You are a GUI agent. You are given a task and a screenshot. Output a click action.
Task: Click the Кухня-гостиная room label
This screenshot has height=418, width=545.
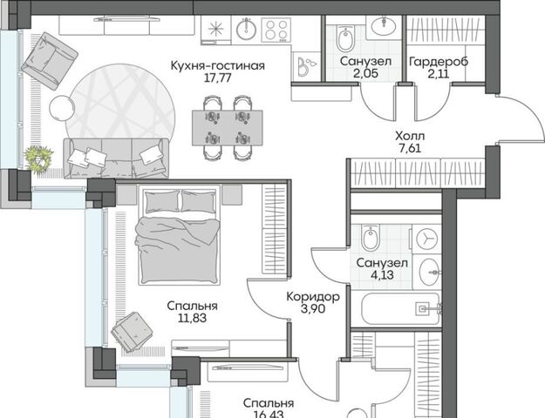[x=218, y=65]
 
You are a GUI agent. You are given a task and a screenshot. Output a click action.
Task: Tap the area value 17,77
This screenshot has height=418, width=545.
[x=218, y=78]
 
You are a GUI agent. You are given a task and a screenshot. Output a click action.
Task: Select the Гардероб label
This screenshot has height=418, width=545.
[x=439, y=62]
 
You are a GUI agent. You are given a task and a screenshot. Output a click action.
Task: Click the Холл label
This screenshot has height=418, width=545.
[x=410, y=136]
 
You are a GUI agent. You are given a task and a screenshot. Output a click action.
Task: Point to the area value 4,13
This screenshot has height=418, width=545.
[x=382, y=275]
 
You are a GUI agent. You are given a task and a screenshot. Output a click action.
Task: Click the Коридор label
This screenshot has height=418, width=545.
[x=313, y=297]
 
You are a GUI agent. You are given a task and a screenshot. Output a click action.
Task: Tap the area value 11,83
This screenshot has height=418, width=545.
[x=192, y=318]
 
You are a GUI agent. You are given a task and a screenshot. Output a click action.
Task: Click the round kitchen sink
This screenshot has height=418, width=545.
[x=246, y=29]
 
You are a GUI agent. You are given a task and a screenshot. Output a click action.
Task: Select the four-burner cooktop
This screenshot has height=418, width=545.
[x=276, y=30]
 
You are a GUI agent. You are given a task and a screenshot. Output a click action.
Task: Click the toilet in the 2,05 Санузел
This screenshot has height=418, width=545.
[x=344, y=38]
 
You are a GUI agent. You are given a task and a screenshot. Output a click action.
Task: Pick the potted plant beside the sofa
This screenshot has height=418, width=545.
[x=39, y=158]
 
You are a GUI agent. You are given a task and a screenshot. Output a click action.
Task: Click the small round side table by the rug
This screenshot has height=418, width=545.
[x=62, y=108]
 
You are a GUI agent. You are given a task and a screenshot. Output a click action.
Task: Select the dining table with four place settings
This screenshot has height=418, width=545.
[x=228, y=128]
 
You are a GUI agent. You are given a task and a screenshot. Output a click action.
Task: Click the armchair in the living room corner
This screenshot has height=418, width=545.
[x=50, y=61]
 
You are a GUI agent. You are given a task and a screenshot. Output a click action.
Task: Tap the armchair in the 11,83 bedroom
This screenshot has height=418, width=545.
[x=132, y=333]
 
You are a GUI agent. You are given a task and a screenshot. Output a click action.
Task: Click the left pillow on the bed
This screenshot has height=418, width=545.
[x=162, y=202]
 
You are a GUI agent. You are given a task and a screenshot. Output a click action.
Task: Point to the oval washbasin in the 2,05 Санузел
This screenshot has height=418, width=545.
[x=384, y=26]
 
